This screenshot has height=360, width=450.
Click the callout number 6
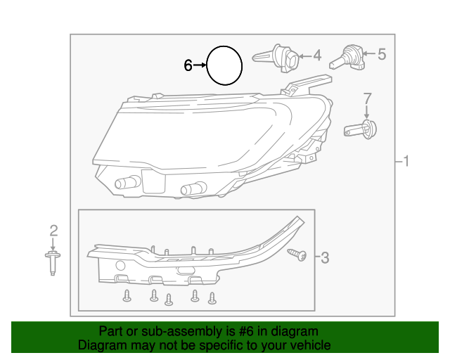pos(188,65)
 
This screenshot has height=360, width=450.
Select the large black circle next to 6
pos(224,65)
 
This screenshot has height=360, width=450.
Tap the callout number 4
pos(317,55)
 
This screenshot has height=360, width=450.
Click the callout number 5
pos(382,53)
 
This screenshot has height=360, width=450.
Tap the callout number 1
pos(405,162)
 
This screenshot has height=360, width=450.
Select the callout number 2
pos(53,229)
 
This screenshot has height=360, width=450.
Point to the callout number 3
pos(324,258)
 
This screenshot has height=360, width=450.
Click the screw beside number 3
pos(297,255)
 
